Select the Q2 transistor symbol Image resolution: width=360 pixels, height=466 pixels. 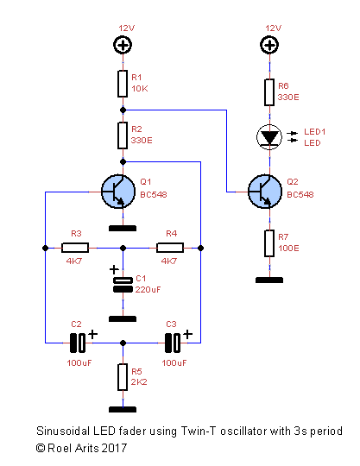[263, 192]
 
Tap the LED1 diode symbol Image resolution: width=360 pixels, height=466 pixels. [270, 136]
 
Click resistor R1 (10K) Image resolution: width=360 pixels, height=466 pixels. [123, 84]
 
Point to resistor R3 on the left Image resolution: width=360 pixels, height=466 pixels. [76, 248]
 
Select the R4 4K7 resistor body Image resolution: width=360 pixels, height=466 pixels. [170, 248]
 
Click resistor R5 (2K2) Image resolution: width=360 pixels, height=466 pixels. [123, 376]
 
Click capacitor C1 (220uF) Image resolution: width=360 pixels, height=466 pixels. [123, 283]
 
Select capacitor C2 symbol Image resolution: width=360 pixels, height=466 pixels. [78, 343]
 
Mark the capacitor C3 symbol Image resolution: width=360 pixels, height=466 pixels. [173, 343]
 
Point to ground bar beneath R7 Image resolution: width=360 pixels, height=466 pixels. [270, 279]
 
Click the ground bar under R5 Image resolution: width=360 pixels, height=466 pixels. [123, 409]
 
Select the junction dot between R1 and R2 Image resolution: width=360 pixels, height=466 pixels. [123, 110]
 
